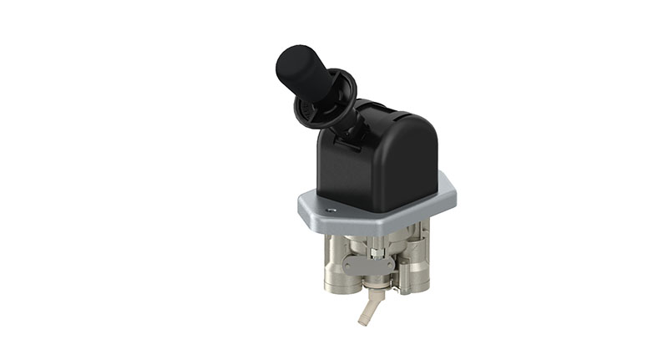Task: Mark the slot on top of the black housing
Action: point(380,109)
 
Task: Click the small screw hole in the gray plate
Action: point(331,210)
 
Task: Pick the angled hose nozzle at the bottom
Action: point(367,309)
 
